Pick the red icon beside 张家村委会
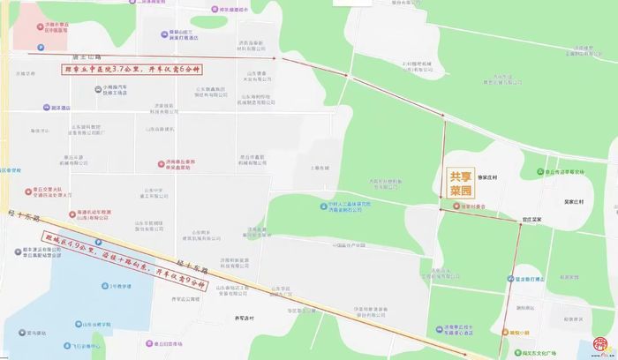(x=453, y=206)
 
